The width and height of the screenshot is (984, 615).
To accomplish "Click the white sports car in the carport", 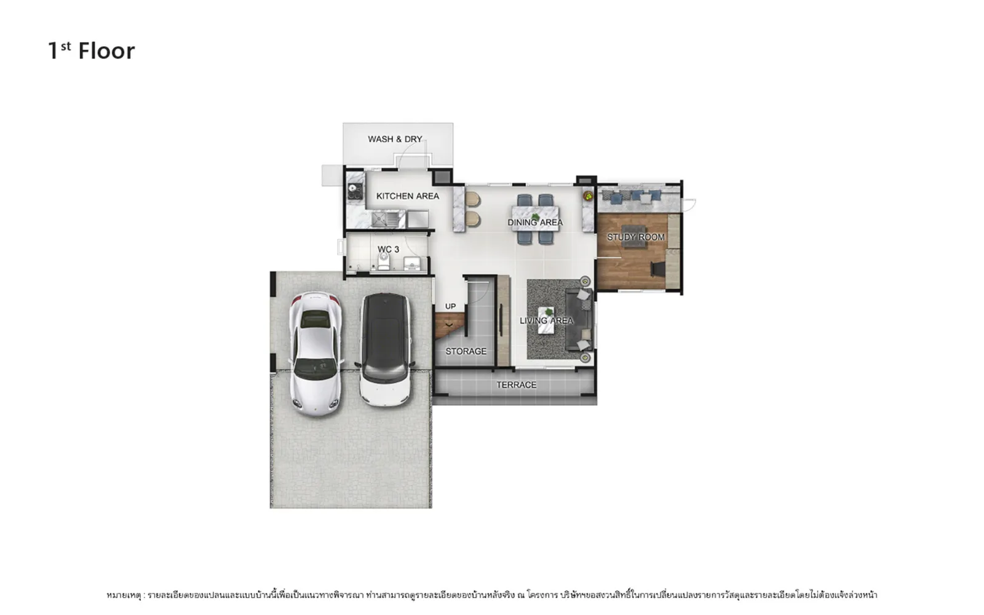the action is (x=315, y=354).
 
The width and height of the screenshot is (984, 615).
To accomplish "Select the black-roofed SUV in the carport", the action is (x=385, y=350).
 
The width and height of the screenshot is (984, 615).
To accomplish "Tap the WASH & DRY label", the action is (x=395, y=139).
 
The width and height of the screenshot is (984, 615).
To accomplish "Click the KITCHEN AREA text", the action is (x=408, y=196).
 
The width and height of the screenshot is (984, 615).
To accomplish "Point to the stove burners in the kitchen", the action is (x=355, y=191).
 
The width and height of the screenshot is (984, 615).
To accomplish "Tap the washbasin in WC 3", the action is (x=412, y=264).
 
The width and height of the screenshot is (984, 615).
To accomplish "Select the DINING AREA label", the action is (x=535, y=222).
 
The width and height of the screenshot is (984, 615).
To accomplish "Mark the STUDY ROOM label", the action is (x=636, y=237).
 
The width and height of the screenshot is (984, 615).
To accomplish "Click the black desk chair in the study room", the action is (x=658, y=269).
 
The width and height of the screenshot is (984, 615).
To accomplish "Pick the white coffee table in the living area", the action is (x=546, y=320).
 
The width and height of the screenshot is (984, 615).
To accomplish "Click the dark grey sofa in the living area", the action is (x=579, y=319).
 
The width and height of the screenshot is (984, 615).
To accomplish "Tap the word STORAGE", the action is (x=466, y=351).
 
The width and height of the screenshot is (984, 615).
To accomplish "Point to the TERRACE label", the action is (x=516, y=385).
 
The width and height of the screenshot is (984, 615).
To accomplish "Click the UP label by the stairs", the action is (x=450, y=306).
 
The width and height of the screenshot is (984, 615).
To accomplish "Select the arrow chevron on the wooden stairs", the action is (x=449, y=325).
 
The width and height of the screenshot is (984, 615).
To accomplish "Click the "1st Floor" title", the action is (x=92, y=51).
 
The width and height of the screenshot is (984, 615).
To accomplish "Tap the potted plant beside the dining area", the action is (x=588, y=196).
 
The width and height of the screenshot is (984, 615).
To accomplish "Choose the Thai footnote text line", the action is (x=491, y=595).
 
